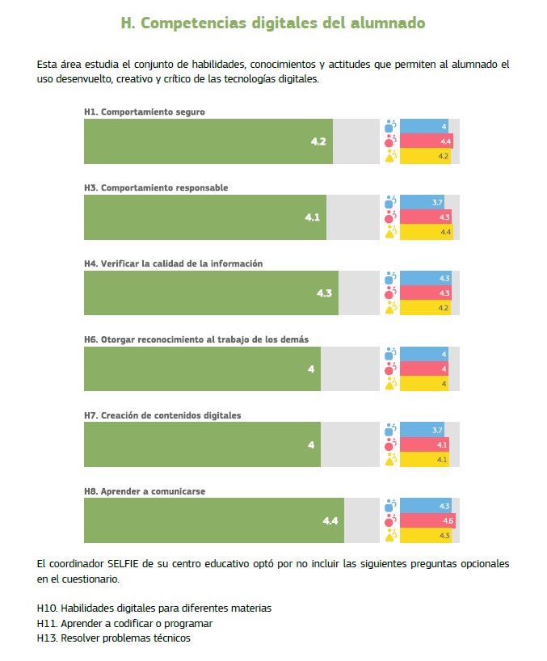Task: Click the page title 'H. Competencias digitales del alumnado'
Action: click(273, 23)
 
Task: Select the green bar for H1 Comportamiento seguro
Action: click(208, 141)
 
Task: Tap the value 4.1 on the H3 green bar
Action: click(312, 217)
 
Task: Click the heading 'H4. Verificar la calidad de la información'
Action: click(173, 263)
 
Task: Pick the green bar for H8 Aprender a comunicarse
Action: click(213, 520)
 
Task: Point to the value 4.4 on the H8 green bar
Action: click(330, 521)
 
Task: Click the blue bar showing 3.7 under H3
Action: click(422, 202)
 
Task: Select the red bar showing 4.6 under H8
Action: click(427, 521)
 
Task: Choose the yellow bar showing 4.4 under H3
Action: click(426, 232)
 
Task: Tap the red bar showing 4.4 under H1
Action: click(426, 141)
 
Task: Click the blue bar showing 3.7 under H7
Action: click(422, 430)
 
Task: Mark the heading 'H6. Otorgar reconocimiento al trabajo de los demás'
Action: click(196, 339)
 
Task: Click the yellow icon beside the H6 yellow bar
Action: click(390, 384)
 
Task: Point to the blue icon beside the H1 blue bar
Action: click(390, 126)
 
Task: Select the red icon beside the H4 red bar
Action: click(390, 293)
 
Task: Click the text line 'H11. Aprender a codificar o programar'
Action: click(124, 623)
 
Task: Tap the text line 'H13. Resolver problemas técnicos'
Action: click(114, 638)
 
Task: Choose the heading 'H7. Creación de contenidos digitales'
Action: click(162, 415)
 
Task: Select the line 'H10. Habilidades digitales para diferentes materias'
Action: click(154, 608)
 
